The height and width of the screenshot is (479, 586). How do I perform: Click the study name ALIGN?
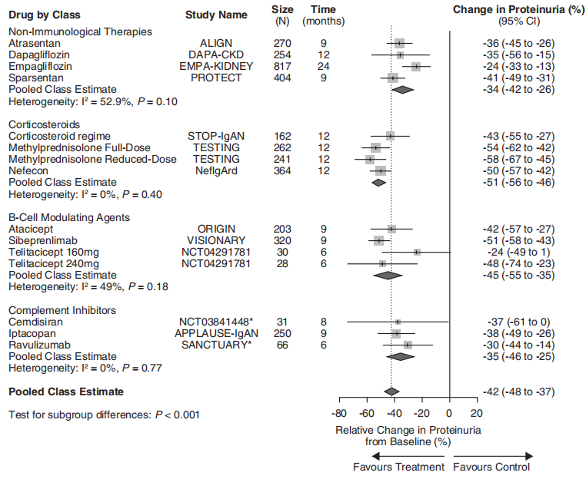(x=216, y=44)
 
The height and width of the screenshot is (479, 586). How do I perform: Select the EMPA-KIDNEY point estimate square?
(x=416, y=67)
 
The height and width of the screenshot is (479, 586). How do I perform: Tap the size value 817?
(x=282, y=67)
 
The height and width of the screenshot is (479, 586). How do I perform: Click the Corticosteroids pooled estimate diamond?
(x=378, y=183)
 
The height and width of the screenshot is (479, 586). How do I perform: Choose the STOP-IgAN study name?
(x=216, y=136)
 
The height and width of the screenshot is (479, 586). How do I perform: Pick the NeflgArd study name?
(x=216, y=170)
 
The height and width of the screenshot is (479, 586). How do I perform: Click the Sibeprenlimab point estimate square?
(x=378, y=240)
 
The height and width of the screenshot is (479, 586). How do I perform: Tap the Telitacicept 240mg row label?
(x=55, y=263)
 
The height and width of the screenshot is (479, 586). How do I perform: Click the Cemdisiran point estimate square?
(x=398, y=322)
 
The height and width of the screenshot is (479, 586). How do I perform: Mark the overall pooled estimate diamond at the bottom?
(x=391, y=391)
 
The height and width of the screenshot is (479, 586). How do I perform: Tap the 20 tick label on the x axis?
(x=477, y=413)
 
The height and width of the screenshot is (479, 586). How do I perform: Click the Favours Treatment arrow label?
(x=398, y=467)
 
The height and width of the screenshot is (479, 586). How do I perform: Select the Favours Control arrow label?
(x=491, y=467)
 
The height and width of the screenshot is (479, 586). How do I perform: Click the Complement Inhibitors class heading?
(x=62, y=310)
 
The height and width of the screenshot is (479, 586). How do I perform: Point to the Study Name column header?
(x=216, y=15)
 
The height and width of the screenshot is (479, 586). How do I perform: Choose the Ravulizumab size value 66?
(x=282, y=345)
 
